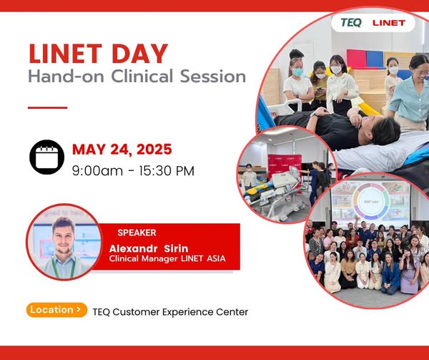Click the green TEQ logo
351,23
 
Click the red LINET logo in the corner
389,23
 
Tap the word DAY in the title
139,54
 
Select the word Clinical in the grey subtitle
142,76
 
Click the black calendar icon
46,157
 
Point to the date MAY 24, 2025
122,150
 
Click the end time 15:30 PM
167,171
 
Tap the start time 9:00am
97,171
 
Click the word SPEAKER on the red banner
137,233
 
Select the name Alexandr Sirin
149,248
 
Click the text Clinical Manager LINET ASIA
167,258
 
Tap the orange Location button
57,310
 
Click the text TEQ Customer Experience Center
170,312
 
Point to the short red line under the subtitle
48,107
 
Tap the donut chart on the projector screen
371,202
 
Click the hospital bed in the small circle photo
276,192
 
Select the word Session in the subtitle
213,77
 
